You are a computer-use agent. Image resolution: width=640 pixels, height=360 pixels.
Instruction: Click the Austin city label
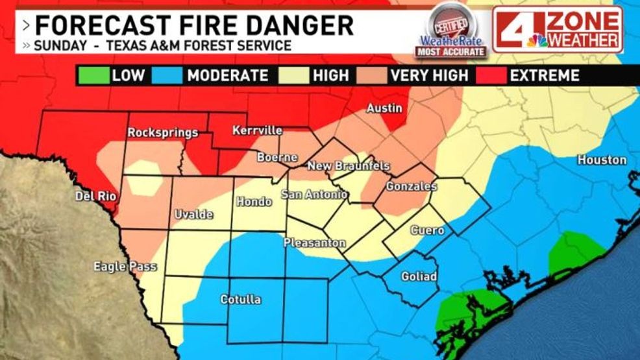click(x=384, y=108)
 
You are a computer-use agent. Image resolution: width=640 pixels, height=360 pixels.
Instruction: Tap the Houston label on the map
click(x=602, y=160)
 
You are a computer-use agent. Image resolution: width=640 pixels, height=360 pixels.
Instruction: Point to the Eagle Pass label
click(x=125, y=266)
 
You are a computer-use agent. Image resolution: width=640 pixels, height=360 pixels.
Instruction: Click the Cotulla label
click(x=240, y=299)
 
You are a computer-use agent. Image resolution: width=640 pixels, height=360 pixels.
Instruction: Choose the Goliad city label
click(x=419, y=276)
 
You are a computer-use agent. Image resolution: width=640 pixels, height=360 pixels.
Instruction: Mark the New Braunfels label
click(x=348, y=166)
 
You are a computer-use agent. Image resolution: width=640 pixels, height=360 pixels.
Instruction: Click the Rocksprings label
click(x=162, y=133)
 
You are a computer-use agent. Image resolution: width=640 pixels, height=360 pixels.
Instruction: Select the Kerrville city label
click(x=257, y=131)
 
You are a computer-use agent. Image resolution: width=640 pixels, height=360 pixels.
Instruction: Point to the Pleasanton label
click(x=314, y=243)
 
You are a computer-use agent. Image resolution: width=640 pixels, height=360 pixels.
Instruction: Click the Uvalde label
click(x=194, y=215)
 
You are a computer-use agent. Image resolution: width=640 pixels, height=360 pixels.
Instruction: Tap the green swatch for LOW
click(x=92, y=75)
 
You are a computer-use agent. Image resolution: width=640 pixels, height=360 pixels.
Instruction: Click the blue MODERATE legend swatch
click(x=167, y=75)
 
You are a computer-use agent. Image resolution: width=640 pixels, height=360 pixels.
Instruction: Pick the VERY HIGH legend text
click(x=428, y=75)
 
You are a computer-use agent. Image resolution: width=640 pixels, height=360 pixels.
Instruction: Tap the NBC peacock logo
click(x=536, y=40)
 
